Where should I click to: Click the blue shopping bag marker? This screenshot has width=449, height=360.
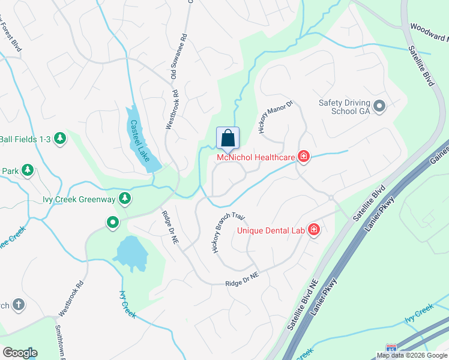(x=228, y=138)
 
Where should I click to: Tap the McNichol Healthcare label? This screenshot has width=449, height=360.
(x=256, y=158)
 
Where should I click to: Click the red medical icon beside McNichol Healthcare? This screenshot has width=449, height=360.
(x=304, y=157)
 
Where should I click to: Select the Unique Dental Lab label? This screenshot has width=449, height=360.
(x=271, y=230)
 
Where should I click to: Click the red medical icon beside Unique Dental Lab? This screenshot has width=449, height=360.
(x=313, y=229)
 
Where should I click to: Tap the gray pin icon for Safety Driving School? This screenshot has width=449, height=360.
(x=379, y=107)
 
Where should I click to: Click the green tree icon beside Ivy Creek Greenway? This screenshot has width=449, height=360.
(x=124, y=197)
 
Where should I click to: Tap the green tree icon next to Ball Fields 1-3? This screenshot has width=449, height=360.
(x=60, y=139)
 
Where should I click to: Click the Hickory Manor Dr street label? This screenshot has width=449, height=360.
(x=274, y=116)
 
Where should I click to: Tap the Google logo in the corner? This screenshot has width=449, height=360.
(x=20, y=353)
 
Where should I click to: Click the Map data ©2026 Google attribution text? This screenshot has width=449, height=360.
(x=412, y=355)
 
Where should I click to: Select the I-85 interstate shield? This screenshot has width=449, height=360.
(x=391, y=347)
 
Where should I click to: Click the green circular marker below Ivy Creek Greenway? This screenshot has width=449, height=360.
(x=112, y=223)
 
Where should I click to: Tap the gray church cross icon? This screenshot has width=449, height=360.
(x=18, y=305)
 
